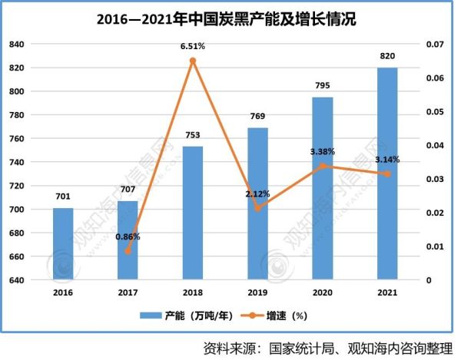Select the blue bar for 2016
[64, 243]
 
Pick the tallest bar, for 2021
[387, 173]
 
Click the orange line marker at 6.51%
[193, 61]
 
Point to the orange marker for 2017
[128, 250]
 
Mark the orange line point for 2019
[258, 208]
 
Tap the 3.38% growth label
[321, 151]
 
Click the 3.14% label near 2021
[387, 160]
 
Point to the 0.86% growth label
[128, 236]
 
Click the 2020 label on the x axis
[323, 292]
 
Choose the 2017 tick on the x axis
[128, 292]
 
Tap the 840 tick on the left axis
[16, 45]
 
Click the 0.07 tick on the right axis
[435, 45]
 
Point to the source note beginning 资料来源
[327, 347]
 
